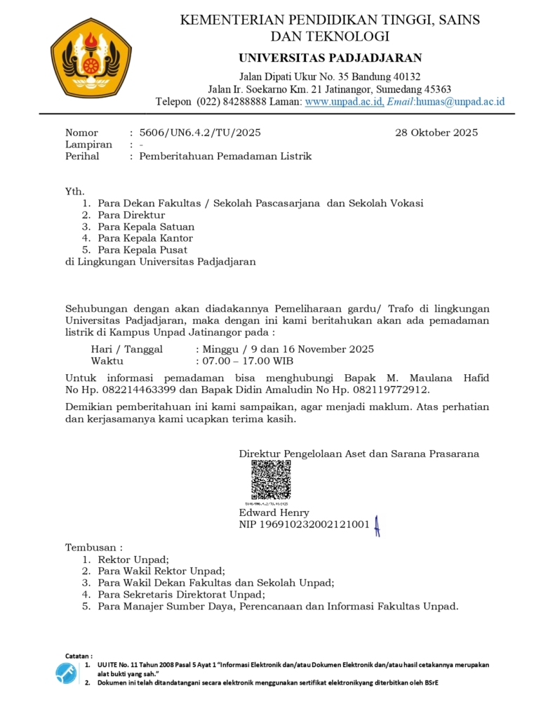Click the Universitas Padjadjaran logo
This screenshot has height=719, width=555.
(x=91, y=58)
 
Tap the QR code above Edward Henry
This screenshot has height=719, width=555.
(x=271, y=480)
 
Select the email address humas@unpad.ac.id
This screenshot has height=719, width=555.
(x=460, y=101)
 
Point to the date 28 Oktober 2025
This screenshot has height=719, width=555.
(x=436, y=133)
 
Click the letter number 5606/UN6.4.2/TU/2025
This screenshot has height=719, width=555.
(x=200, y=133)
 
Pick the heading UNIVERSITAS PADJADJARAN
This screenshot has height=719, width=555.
(x=330, y=58)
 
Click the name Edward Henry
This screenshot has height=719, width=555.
(x=274, y=513)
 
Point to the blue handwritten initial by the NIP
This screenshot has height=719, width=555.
(x=377, y=525)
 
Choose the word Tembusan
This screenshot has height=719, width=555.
(x=91, y=547)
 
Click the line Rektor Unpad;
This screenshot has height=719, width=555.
(x=133, y=560)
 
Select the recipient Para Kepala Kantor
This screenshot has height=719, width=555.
(x=145, y=238)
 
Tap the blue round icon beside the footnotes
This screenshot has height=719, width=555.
(x=66, y=673)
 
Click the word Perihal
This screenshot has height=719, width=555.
(x=82, y=157)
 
